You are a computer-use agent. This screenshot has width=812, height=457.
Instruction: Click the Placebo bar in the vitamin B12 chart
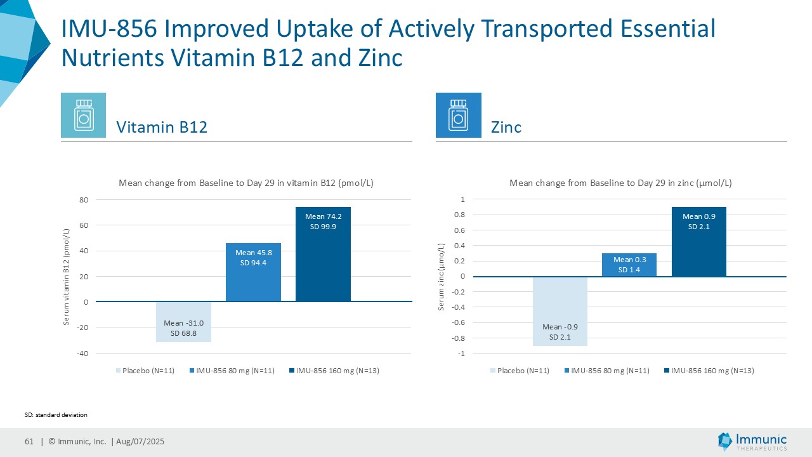pyautogui.click(x=183, y=322)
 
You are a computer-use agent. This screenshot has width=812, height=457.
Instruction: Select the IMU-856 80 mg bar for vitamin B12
pyautogui.click(x=253, y=272)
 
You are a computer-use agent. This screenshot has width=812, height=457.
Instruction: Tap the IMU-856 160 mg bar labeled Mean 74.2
pyautogui.click(x=323, y=254)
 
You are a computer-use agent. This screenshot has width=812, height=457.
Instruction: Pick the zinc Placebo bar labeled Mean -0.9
pyautogui.click(x=560, y=311)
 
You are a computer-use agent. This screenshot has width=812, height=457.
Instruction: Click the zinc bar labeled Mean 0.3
pyautogui.click(x=629, y=265)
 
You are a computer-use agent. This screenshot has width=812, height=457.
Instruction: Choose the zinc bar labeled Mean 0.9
pyautogui.click(x=699, y=241)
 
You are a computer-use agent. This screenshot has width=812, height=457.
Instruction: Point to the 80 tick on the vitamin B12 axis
pyautogui.click(x=83, y=200)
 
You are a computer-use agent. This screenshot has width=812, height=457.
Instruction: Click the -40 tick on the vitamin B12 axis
pyautogui.click(x=83, y=353)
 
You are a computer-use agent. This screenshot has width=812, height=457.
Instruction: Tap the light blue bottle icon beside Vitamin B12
pyautogui.click(x=83, y=115)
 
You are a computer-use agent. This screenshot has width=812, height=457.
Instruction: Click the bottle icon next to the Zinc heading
pyautogui.click(x=458, y=115)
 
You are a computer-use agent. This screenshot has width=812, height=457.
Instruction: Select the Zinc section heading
pyautogui.click(x=506, y=127)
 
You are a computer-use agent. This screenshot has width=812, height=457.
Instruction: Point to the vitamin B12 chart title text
pyautogui.click(x=246, y=183)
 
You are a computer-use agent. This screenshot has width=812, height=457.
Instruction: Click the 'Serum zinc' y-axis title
pyautogui.click(x=442, y=276)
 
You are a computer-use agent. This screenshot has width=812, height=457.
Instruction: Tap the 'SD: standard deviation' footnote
pyautogui.click(x=56, y=414)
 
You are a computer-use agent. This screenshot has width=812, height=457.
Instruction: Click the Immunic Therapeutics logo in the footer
pyautogui.click(x=752, y=442)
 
